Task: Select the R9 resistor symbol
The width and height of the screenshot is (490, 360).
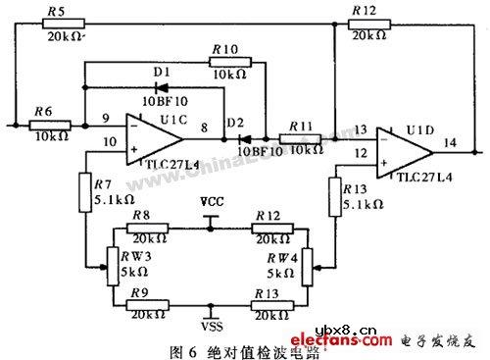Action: pyautogui.click(x=144, y=306)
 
